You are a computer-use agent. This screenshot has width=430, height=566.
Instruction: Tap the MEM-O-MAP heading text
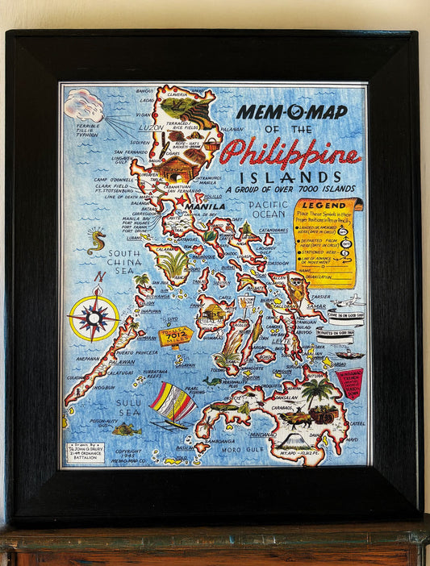point(292,112)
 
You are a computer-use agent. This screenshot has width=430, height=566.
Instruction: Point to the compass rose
point(94,318)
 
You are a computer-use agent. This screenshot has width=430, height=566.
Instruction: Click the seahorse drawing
point(97,240)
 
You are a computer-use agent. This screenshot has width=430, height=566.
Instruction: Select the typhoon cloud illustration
point(84,104)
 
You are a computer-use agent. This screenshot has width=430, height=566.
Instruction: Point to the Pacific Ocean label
point(269,210)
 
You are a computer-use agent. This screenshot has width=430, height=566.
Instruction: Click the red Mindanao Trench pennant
point(350,382)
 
